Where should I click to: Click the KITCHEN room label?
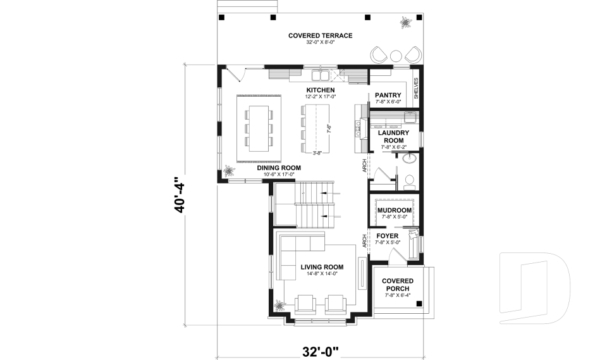coord(321,90)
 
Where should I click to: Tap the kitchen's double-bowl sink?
coord(326,77)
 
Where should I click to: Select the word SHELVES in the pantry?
coord(416,89)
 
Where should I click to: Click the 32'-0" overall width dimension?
coord(320,350)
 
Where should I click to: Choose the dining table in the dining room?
coord(259,128)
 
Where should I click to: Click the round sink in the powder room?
coord(410,158)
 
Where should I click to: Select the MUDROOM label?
coord(394,210)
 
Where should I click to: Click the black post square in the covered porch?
coord(419,304)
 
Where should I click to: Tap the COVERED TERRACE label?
coord(320,35)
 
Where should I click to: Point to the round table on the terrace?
coord(396,55)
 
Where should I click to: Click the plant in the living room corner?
coord(279,306)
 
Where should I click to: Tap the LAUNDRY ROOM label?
coord(394,137)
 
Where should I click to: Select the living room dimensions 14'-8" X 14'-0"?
coord(321,275)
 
